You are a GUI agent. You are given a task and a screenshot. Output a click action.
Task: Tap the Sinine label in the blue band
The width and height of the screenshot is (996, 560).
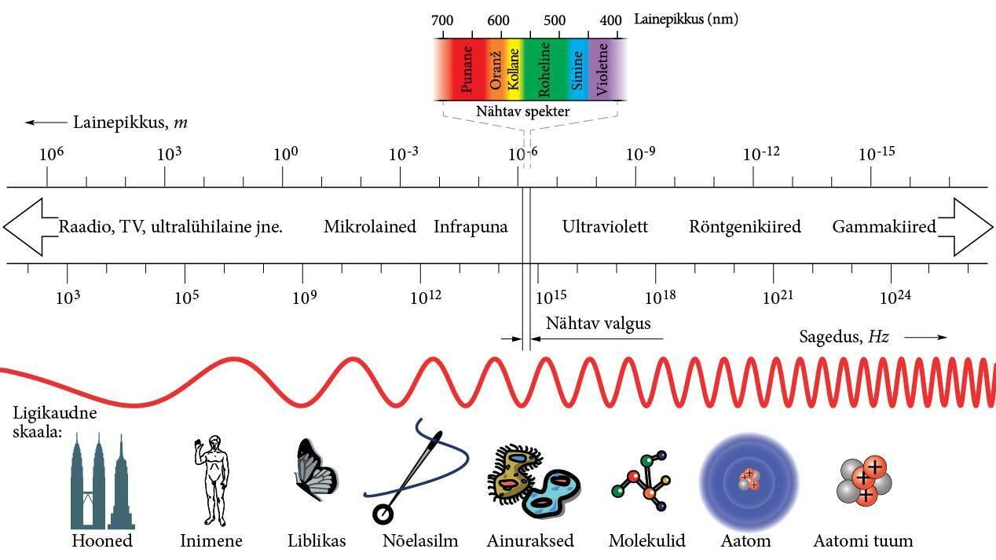577,71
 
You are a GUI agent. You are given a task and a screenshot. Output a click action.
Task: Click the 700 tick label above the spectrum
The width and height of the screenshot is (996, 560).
442,20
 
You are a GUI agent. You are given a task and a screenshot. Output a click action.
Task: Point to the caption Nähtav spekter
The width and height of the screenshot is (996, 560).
522,112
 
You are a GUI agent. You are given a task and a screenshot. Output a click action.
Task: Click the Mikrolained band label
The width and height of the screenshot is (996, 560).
370,227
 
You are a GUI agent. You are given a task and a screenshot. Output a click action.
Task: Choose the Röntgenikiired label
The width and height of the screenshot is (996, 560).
745,227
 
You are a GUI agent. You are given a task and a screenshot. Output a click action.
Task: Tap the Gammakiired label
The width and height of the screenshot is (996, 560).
884,227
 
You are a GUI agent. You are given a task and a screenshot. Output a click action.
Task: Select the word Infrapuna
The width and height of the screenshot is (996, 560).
471,227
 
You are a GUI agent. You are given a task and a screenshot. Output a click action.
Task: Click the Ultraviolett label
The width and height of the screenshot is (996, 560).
605,227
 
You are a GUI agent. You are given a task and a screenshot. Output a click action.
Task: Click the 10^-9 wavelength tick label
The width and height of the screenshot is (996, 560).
640,153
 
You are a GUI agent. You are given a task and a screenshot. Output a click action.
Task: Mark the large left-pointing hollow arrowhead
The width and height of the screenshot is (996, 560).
24,227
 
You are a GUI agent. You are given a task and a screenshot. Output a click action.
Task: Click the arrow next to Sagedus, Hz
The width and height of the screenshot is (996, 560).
925,338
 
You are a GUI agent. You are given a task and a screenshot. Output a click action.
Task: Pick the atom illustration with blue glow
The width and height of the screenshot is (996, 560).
749,479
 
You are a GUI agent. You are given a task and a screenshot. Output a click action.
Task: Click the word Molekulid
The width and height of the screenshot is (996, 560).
646,541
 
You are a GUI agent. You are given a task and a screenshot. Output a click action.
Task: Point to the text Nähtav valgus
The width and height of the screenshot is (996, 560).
598,324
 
